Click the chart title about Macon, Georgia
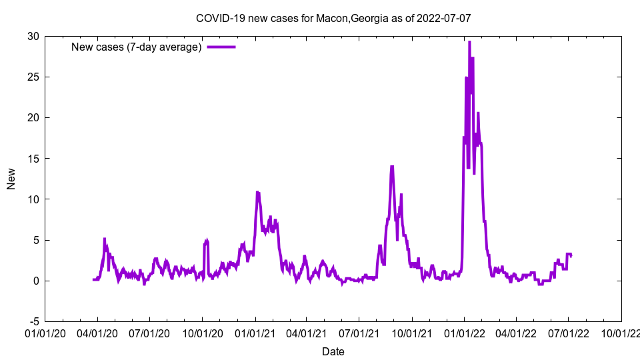(333, 18)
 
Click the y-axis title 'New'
(11, 179)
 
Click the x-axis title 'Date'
(333, 351)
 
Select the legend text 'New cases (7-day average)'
(137, 47)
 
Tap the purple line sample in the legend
(221, 47)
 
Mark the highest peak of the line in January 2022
(469, 41)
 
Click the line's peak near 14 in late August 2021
(392, 166)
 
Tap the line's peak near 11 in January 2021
(257, 192)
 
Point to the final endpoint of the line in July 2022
(571, 255)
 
